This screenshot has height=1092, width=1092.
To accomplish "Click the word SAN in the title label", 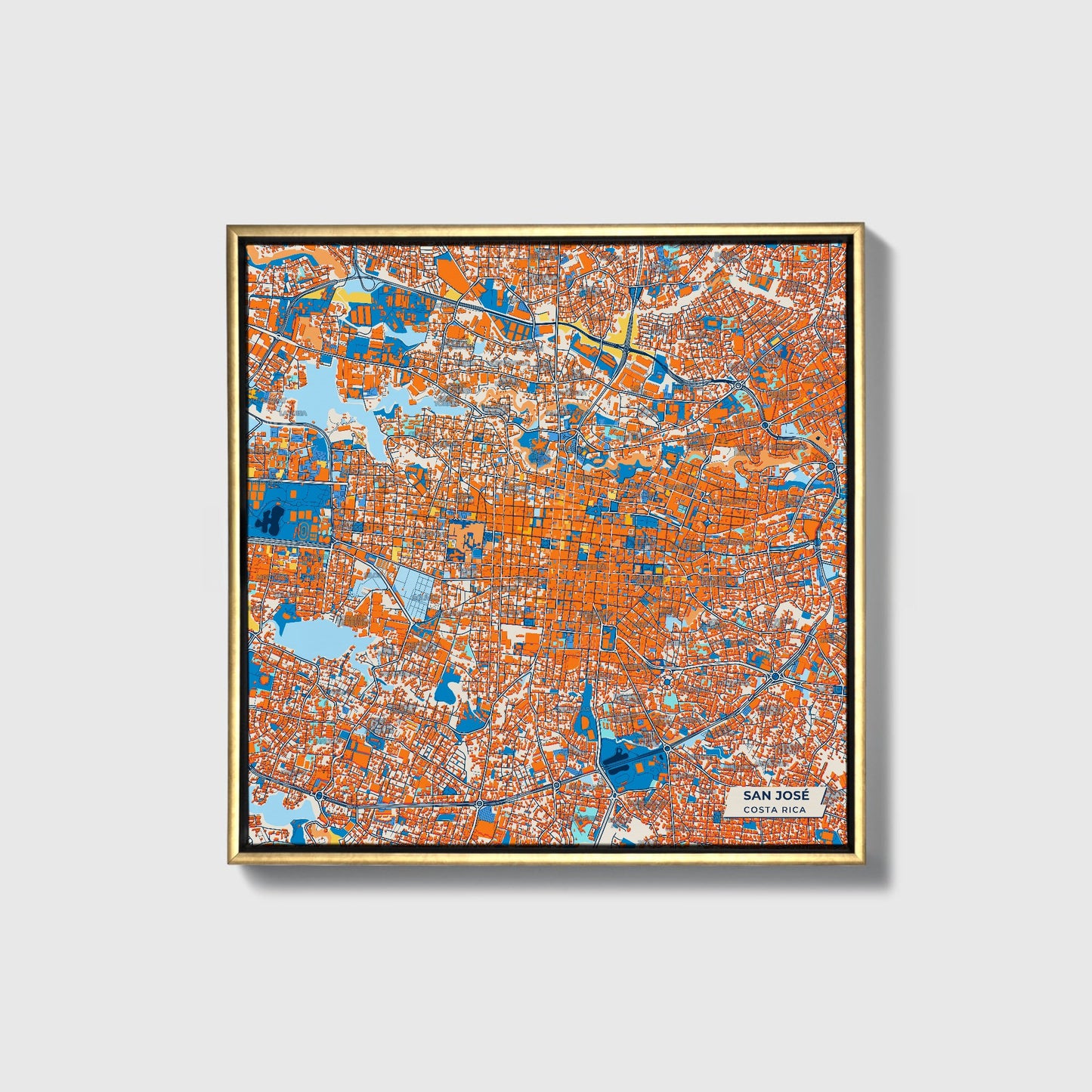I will pos(756,795).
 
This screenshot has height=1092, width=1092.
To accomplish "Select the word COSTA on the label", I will pos(759,810).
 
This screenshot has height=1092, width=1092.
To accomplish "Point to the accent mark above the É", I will pos(804,789).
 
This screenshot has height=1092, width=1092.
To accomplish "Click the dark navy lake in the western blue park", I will pos(270,519).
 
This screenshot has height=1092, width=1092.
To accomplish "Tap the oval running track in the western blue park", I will pos(303,531).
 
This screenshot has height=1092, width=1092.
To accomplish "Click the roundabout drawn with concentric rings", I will pos(667,682).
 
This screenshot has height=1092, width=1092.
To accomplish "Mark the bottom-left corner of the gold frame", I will pos(228,863).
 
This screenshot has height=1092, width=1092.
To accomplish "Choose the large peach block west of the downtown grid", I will pos(466,537).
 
